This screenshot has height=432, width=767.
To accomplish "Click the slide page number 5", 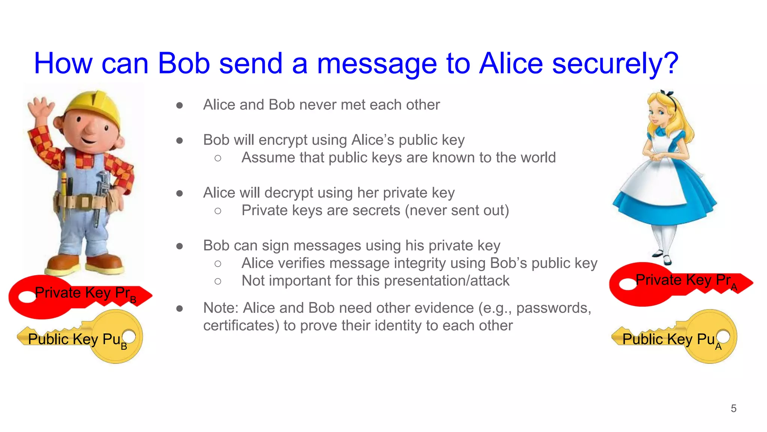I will [x=733, y=408].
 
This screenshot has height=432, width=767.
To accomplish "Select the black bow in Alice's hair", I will [x=668, y=94].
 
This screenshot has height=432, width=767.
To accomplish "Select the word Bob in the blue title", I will [x=184, y=64].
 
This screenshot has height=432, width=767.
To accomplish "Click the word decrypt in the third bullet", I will [x=287, y=193].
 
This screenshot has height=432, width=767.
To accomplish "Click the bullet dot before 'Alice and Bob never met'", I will [x=180, y=105].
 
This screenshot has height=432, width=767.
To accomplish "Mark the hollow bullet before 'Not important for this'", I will [x=218, y=281].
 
